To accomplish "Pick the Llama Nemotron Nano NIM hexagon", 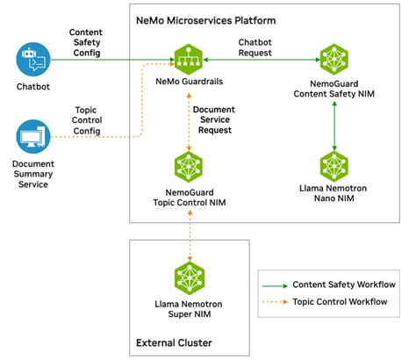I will (334, 165).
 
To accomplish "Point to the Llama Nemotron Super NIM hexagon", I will (190, 273).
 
